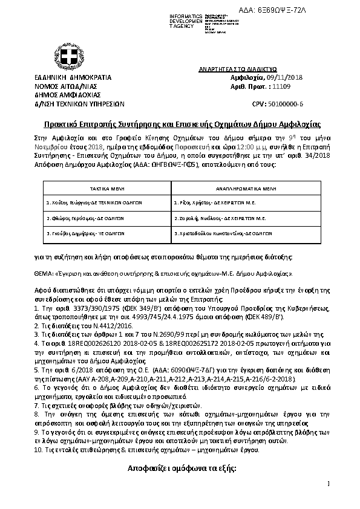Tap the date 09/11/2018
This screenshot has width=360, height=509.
tap(285, 77)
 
